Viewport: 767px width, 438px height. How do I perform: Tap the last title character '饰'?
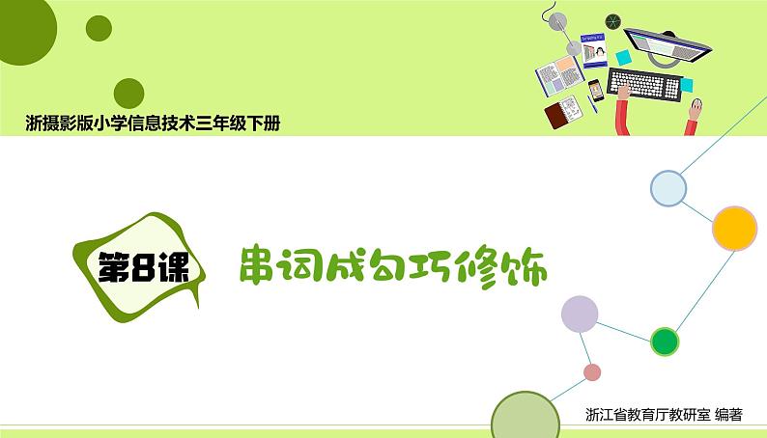click(x=527, y=269)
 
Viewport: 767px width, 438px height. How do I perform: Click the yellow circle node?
click(x=734, y=229)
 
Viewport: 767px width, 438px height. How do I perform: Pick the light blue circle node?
click(x=668, y=188)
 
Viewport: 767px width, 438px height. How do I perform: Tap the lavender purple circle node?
click(x=580, y=314)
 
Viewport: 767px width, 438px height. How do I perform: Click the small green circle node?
click(x=665, y=341)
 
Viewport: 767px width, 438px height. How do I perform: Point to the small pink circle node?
click(x=592, y=372)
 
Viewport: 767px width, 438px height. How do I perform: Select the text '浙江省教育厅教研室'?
click(x=648, y=415)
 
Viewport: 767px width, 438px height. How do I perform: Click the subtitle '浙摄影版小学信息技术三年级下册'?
click(x=155, y=123)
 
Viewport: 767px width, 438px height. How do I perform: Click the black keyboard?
click(x=644, y=84)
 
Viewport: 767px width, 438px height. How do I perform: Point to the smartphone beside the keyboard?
click(x=596, y=90)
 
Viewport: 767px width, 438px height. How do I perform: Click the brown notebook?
click(x=556, y=117)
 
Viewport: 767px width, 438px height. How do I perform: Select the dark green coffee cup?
click(x=612, y=21)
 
